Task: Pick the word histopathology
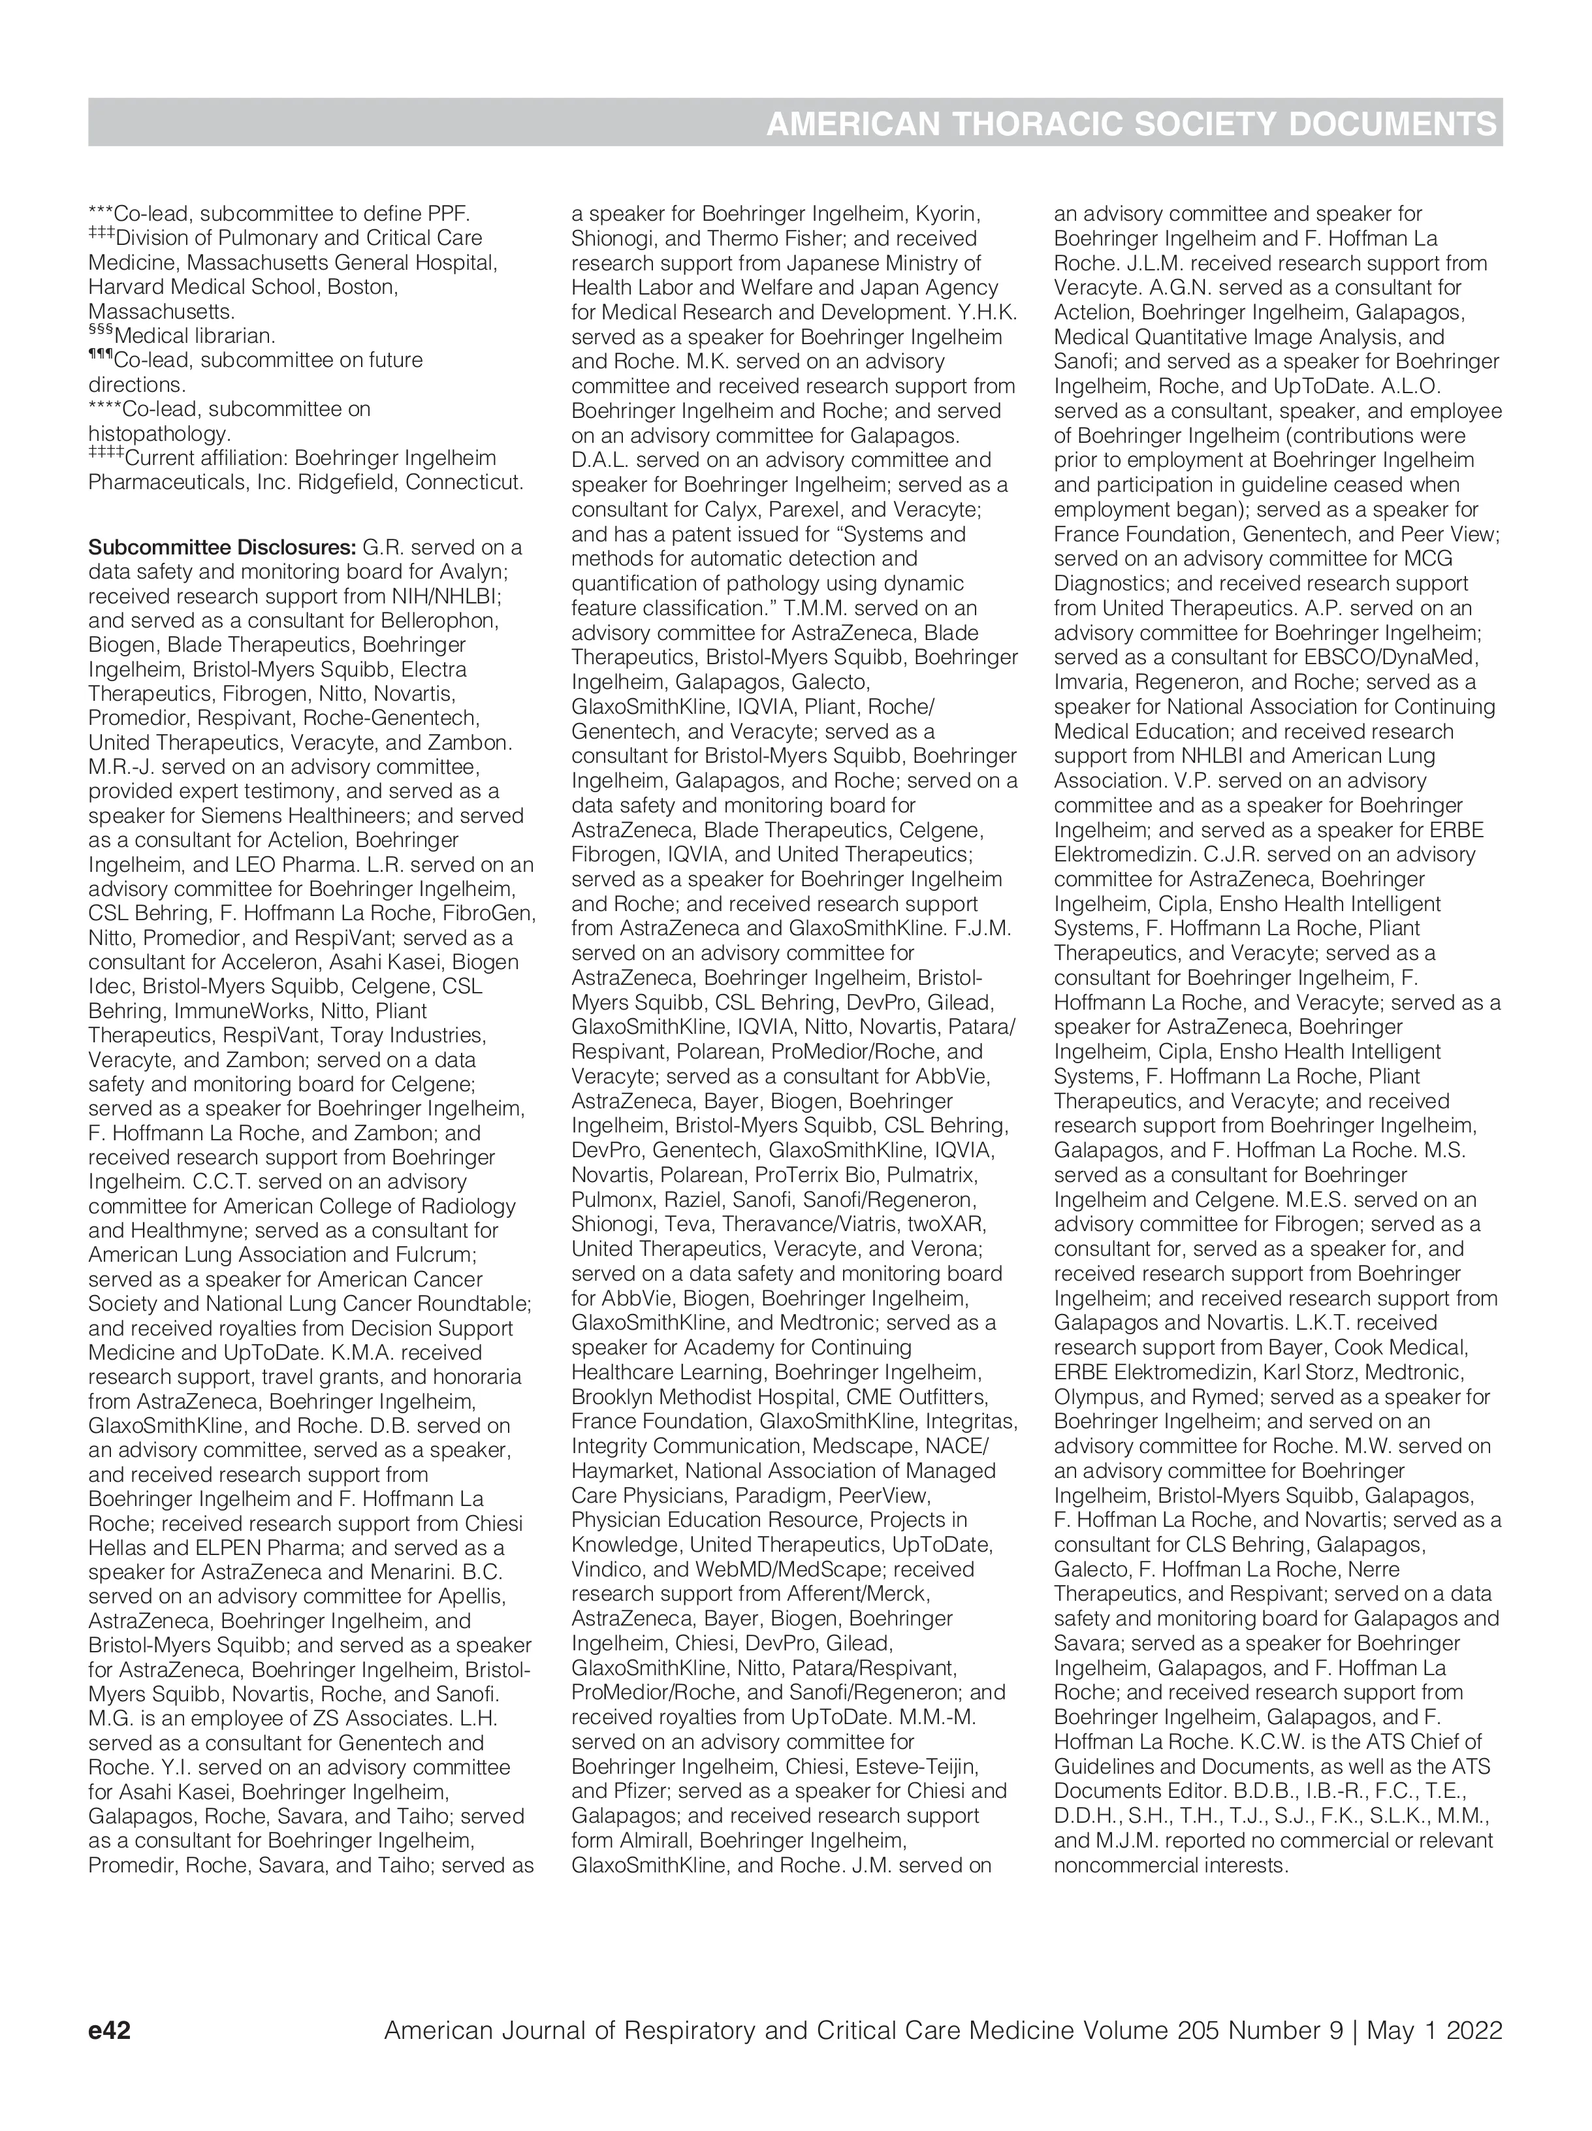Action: pyautogui.click(x=159, y=434)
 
